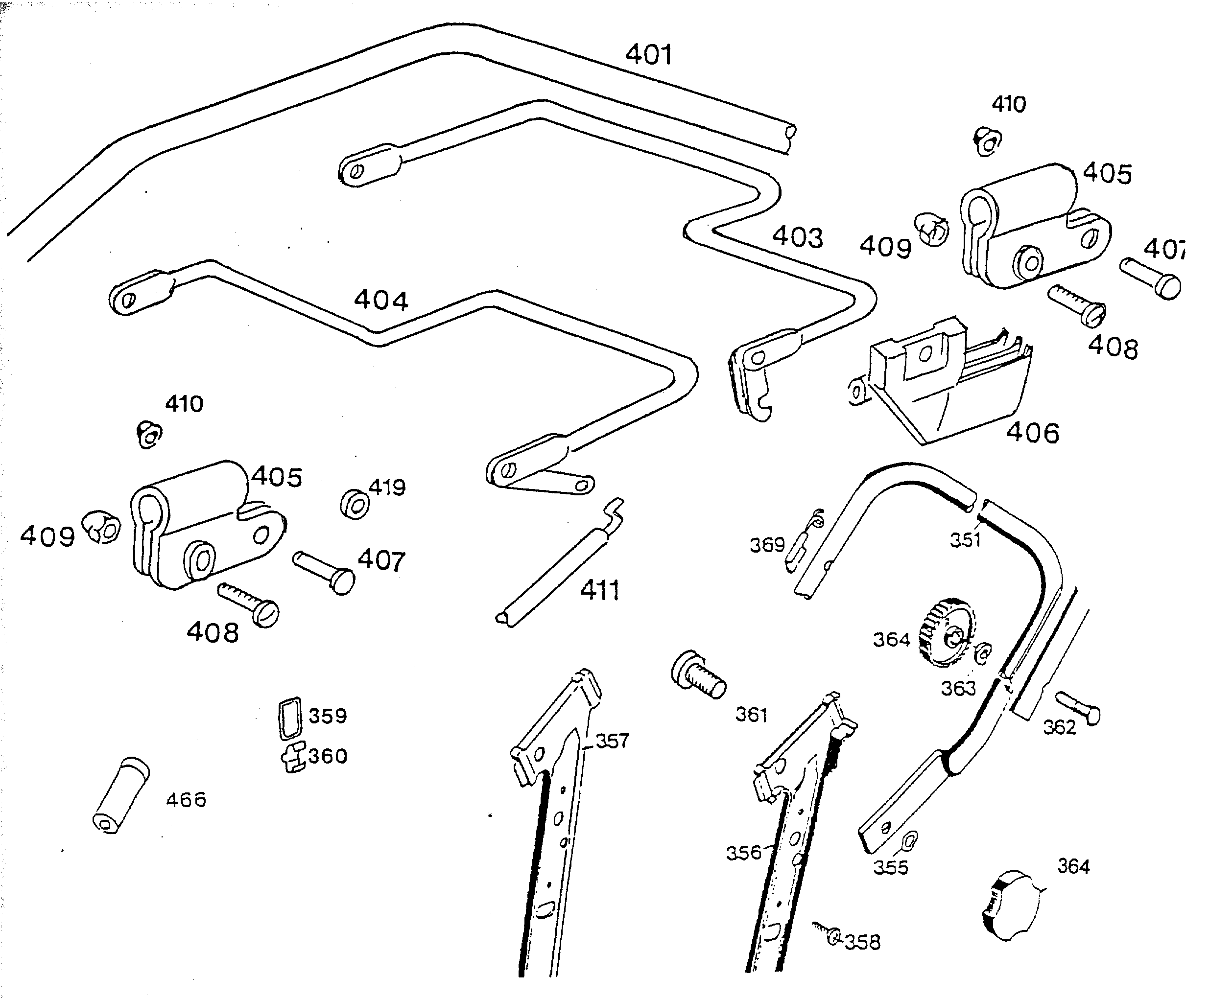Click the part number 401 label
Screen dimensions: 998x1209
(x=648, y=55)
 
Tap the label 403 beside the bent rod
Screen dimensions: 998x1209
(x=797, y=237)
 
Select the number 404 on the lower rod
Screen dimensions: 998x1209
(x=381, y=300)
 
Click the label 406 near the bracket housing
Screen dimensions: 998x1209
(x=1032, y=433)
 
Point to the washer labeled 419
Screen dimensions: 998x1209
(x=355, y=505)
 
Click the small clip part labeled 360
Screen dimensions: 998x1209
(x=294, y=758)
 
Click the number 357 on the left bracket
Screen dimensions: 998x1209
(x=612, y=741)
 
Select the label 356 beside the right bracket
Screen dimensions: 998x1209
(x=743, y=853)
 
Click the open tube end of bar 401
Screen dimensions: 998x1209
(x=790, y=139)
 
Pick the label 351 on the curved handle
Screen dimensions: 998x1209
(x=965, y=540)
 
